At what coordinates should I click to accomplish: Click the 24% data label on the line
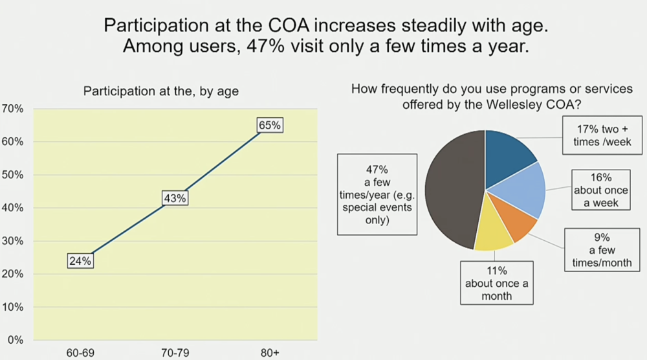pos(81,261)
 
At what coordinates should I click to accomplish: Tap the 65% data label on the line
pos(269,126)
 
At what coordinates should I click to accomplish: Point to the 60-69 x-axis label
pos(81,354)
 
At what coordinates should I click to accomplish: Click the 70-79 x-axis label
pos(175,354)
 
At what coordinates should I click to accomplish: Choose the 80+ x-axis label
pos(269,354)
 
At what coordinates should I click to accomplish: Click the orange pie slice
pos(514,219)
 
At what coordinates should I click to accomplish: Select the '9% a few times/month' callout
pos(598,250)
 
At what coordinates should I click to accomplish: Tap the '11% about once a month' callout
pos(496,283)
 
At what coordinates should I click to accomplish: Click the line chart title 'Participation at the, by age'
pos(161,91)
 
